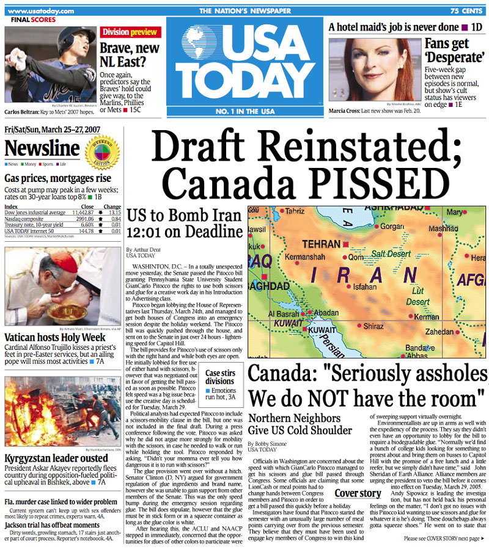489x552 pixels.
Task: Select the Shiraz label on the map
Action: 373,326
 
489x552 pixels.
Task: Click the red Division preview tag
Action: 130,32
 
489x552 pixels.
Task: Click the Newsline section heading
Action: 42,148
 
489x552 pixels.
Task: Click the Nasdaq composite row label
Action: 26,219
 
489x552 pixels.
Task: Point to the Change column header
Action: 112,206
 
